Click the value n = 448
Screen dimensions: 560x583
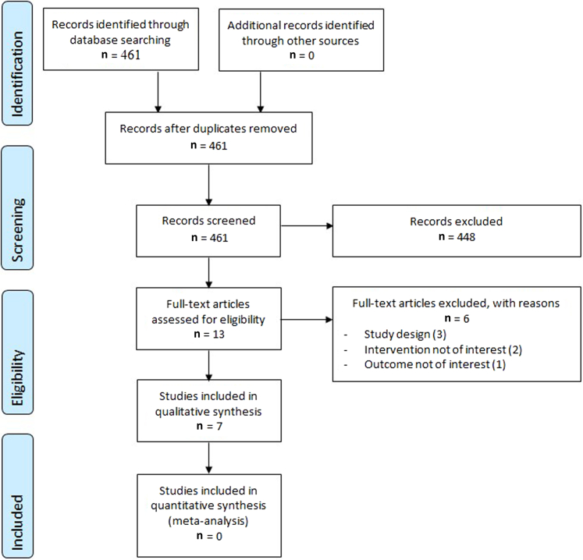pos(457,236)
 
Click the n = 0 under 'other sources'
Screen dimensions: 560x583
pos(293,55)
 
